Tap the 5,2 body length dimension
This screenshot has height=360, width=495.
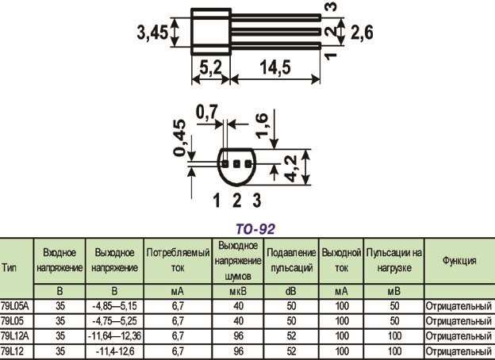209,69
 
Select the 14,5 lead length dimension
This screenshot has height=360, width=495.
275,69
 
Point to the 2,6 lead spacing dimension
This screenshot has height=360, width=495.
362,33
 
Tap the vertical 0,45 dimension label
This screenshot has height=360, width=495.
179,138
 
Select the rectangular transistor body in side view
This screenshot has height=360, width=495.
210,31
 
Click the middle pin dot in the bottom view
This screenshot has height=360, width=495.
236,163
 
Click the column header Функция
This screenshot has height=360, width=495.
459,260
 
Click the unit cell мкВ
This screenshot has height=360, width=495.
239,291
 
